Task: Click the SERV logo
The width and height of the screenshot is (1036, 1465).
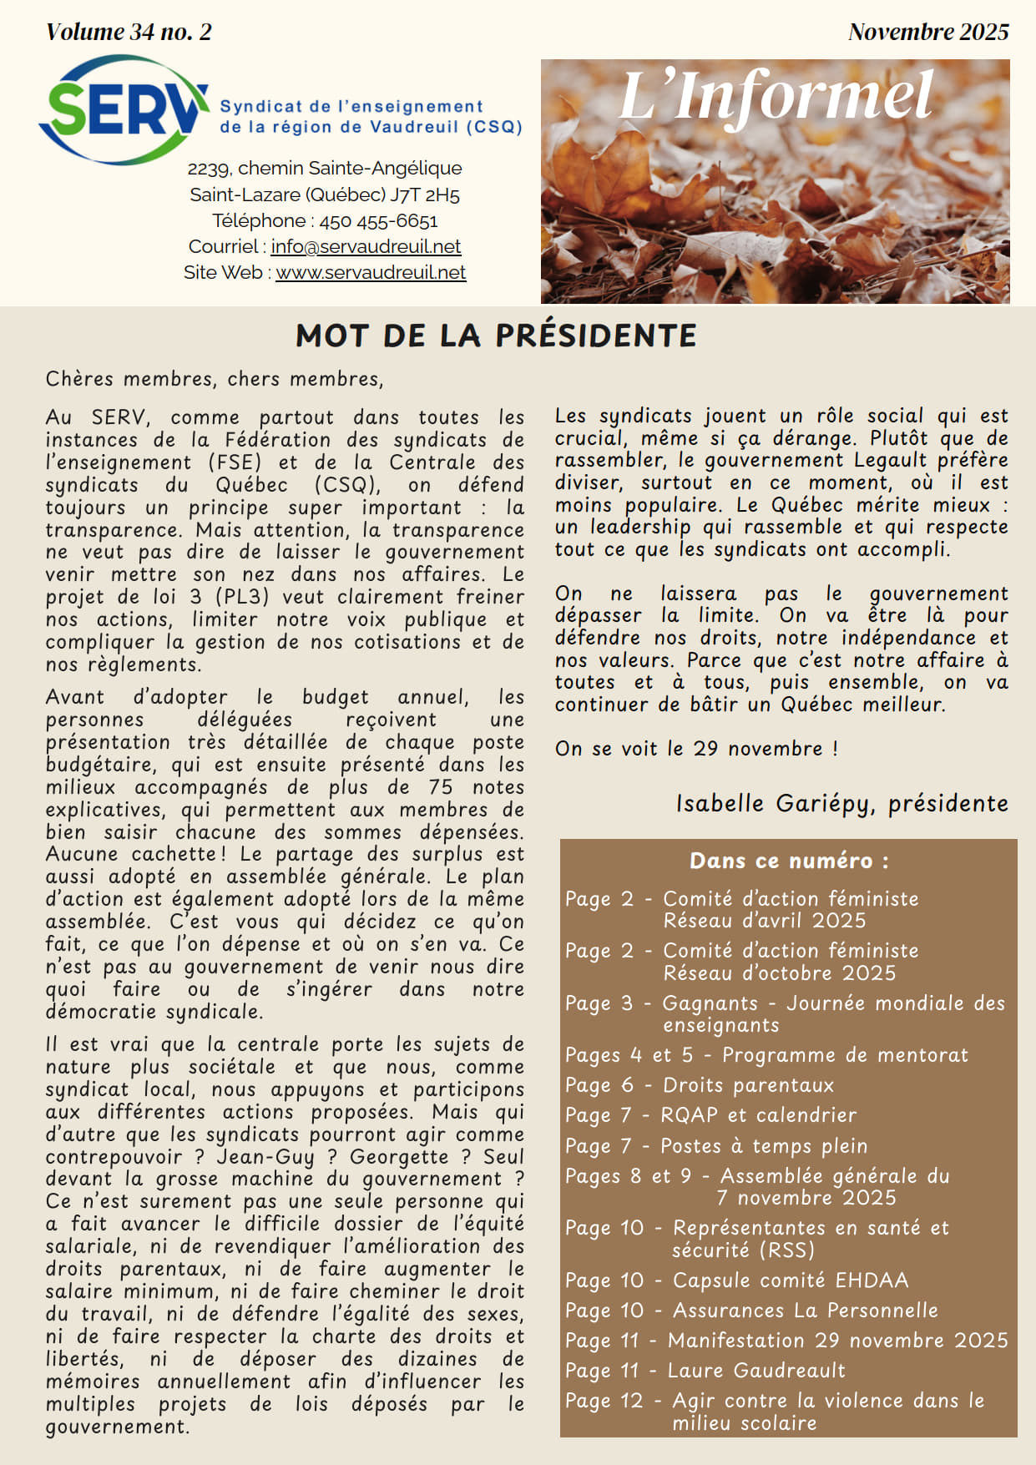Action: click(x=124, y=110)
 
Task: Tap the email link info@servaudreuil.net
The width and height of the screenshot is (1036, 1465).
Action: click(x=366, y=247)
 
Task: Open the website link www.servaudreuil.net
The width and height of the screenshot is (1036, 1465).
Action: click(x=371, y=273)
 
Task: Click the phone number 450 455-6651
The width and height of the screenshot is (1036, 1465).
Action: click(x=378, y=221)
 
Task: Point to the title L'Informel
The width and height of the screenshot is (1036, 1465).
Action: click(x=775, y=96)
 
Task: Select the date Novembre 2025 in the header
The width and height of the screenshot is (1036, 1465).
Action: click(x=928, y=32)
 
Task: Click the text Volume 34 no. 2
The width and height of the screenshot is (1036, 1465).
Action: click(x=129, y=32)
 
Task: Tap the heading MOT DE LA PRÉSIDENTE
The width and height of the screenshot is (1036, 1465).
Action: click(x=496, y=336)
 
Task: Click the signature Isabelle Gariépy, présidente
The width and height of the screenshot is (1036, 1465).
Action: click(x=841, y=803)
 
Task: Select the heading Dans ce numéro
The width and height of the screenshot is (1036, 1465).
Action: click(x=789, y=861)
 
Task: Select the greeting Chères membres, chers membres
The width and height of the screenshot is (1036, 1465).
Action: click(x=215, y=379)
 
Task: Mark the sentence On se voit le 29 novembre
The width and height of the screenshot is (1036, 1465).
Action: click(x=696, y=749)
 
